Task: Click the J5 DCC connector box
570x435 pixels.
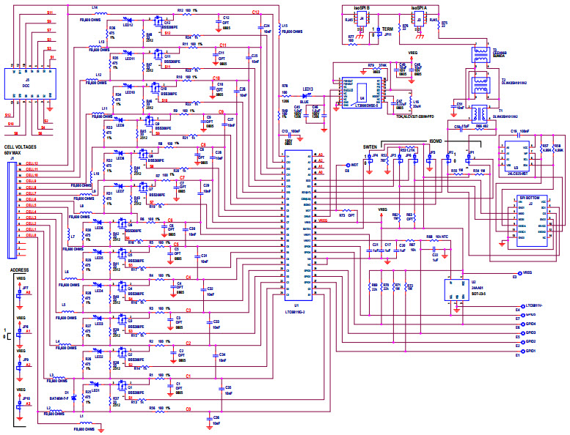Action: (26, 84)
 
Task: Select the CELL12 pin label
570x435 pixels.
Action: (32, 164)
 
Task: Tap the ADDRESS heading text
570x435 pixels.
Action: (20, 270)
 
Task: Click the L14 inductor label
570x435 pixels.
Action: (95, 7)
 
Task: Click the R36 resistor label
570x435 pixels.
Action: (112, 27)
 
